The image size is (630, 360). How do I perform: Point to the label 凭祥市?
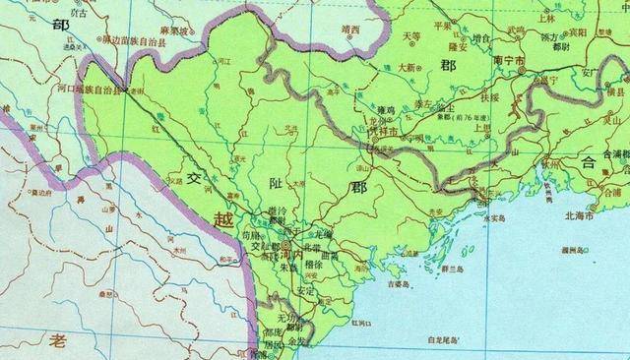pos(381,131)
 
